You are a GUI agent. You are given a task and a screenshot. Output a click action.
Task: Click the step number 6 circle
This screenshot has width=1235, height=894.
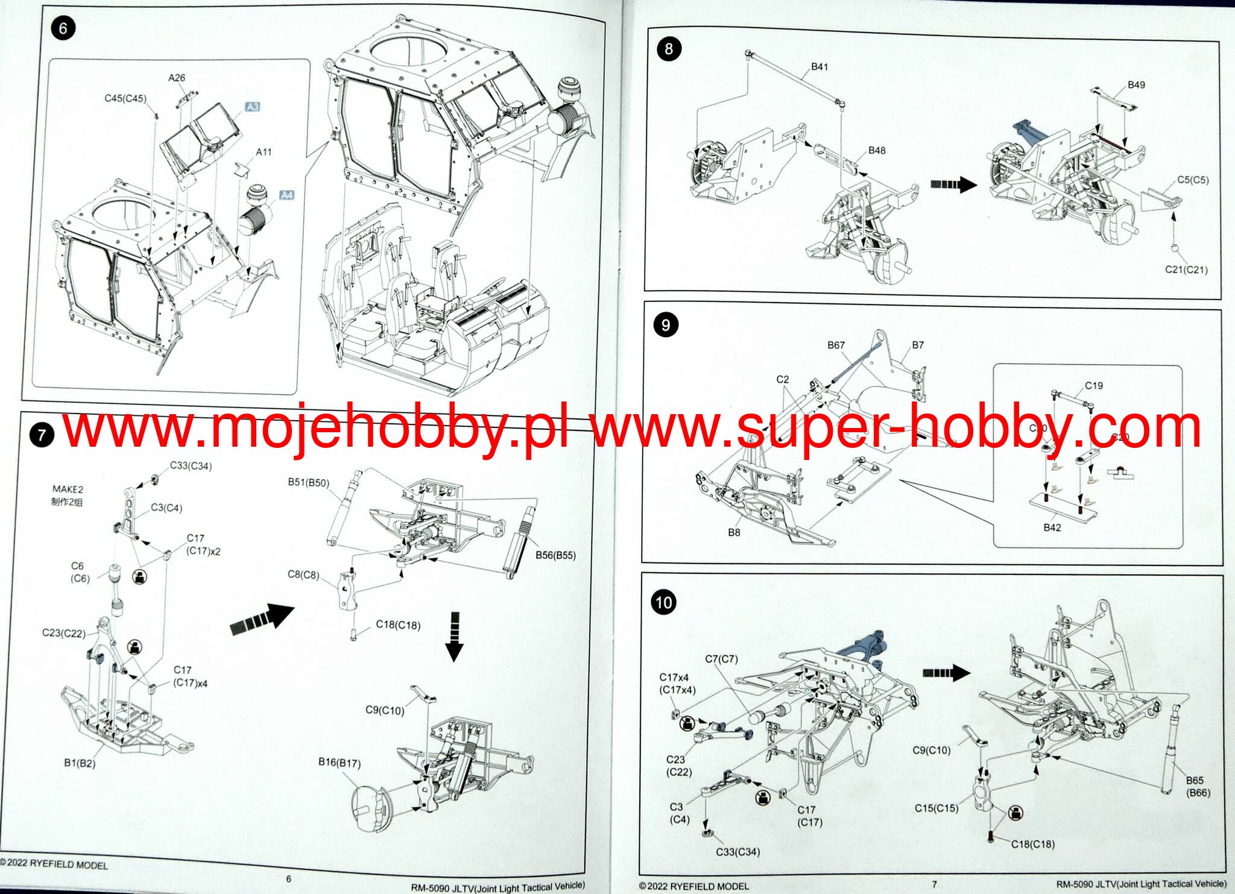pos(63,28)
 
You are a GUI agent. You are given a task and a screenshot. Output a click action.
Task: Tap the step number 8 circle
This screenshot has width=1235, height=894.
pos(668,49)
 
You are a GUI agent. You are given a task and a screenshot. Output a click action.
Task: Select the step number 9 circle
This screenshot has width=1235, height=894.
pos(666,325)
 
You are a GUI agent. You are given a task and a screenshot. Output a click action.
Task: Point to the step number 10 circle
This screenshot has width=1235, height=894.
pos(663,602)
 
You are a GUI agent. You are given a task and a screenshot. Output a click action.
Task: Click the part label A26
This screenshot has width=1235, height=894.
pos(177,78)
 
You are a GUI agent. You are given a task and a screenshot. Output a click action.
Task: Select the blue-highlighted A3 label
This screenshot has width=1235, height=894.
pos(252,107)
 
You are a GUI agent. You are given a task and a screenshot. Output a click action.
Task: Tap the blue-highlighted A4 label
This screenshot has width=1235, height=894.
pos(287,195)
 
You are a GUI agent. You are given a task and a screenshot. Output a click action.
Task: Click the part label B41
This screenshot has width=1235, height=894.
pos(820,67)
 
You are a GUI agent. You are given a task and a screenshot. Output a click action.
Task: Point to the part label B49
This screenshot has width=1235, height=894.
pos(1136,84)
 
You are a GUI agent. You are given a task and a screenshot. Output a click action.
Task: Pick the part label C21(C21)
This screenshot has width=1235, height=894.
pos(1186,269)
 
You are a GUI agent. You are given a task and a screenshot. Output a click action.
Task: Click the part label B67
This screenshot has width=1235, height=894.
pos(836,345)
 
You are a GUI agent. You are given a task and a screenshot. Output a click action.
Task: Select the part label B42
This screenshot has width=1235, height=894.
pos(1052,527)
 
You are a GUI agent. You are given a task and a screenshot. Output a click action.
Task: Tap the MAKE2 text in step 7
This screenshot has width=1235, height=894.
pos(68,489)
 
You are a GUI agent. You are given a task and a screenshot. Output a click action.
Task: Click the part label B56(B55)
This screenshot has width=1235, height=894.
pos(555,555)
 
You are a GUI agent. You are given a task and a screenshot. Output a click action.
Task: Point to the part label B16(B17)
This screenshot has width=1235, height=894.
pos(340,763)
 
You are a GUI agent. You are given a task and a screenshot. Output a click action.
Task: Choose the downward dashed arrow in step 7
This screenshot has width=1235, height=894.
pos(454,637)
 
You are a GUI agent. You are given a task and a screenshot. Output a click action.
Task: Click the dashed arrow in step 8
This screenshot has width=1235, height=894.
pos(953,184)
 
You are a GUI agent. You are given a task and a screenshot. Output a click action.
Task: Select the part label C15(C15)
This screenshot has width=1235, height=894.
pos(937,808)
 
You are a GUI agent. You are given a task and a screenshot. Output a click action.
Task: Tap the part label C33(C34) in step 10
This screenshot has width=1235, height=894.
pos(738,852)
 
